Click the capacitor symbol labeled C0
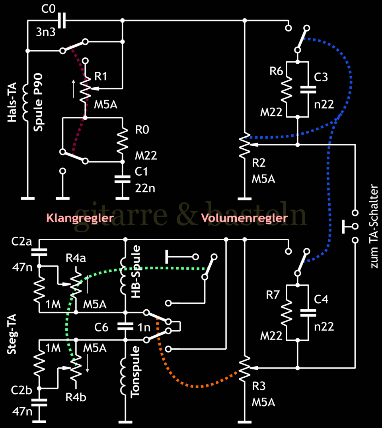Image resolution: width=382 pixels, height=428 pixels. point(61,20)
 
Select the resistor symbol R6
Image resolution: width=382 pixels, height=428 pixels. point(286,89)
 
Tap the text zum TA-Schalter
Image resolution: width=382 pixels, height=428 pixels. point(374,225)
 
